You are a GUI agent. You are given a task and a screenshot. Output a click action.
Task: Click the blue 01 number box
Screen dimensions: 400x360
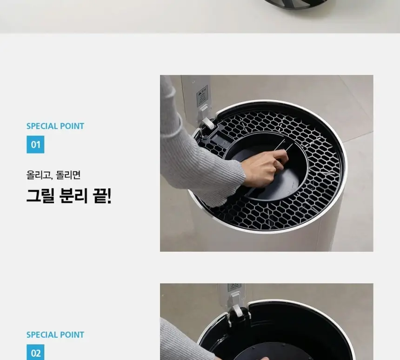(35, 145)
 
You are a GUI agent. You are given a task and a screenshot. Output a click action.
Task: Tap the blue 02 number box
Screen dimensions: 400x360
(35, 353)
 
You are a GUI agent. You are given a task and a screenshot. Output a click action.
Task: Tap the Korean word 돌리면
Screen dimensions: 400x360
(68, 175)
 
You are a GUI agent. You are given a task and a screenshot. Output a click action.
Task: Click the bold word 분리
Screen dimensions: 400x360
(73, 196)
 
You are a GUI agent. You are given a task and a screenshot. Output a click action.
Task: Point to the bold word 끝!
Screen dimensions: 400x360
(102, 196)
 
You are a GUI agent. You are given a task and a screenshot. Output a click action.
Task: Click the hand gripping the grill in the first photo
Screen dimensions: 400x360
(265, 168)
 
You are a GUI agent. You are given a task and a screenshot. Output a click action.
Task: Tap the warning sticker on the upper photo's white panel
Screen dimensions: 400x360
(202, 96)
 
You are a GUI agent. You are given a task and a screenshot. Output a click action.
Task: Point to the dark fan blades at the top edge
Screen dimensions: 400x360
(295, 4)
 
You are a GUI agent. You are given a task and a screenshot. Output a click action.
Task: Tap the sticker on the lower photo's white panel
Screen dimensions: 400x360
(234, 287)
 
